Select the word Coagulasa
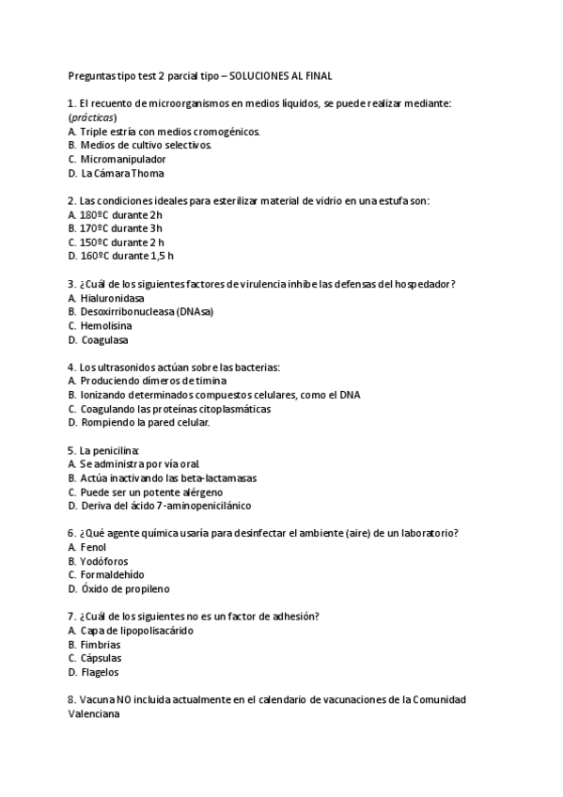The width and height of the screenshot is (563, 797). point(105,339)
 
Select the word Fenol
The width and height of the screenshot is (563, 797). point(94,547)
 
